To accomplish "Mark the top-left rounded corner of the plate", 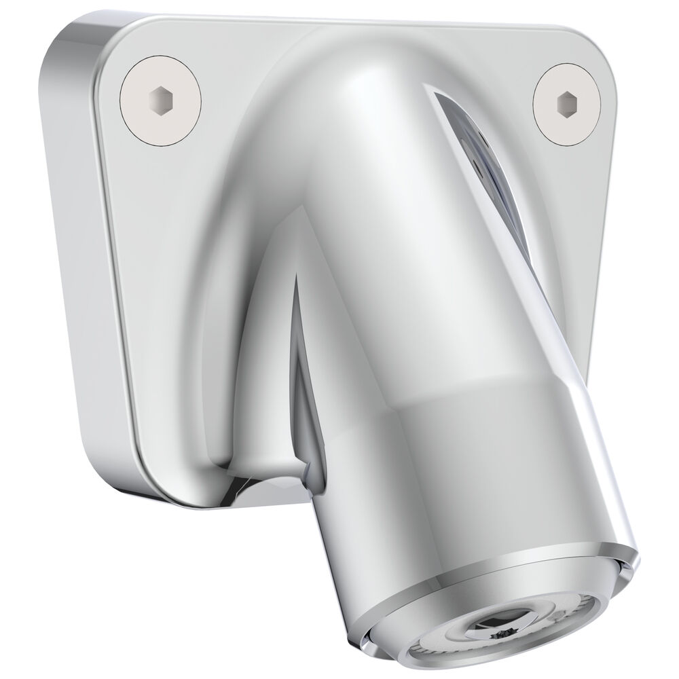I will click(x=75, y=41).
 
